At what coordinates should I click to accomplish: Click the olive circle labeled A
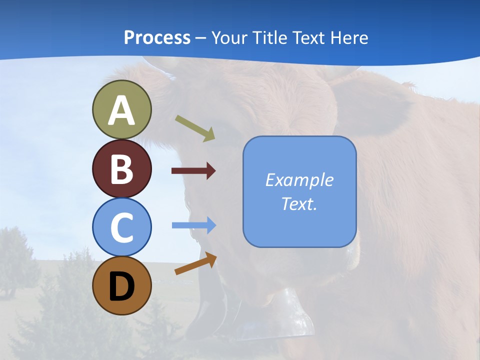point(121,109)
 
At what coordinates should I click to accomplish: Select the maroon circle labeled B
point(121,168)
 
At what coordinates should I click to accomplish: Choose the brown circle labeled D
point(121,285)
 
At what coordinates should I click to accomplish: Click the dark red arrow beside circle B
point(193,171)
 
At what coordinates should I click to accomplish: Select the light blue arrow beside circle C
point(193,225)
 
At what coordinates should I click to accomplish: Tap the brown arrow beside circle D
point(195,263)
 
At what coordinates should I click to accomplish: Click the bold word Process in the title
point(157,37)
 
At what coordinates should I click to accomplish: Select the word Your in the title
point(227,37)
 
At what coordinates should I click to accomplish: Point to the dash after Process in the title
point(200,38)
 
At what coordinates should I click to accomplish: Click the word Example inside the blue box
point(299,180)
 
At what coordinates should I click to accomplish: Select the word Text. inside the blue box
point(299,203)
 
